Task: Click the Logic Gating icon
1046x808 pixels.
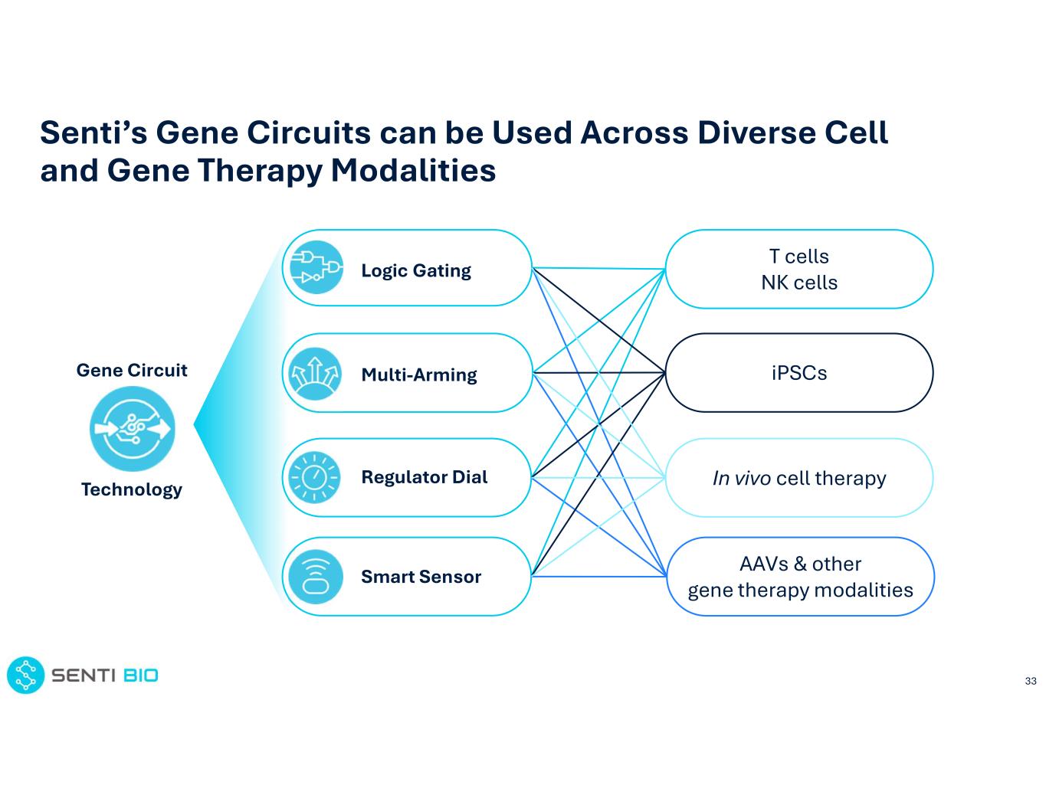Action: coord(316,267)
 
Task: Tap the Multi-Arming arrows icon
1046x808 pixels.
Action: coord(314,374)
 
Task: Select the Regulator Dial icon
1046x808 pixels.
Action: coord(314,478)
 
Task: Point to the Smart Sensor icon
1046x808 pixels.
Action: coord(315,576)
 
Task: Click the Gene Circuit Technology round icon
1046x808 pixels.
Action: coord(132,429)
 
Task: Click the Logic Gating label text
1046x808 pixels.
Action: coord(416,270)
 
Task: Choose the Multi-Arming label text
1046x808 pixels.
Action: coord(419,375)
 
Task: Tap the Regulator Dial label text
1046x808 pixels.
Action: coord(424,477)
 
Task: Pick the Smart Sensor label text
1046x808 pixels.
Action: coord(421,577)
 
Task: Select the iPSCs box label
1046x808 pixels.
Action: coord(799,373)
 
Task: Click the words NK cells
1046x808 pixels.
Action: coord(799,283)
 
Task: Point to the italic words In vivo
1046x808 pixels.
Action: coord(741,479)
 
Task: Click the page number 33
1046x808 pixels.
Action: coord(1031,681)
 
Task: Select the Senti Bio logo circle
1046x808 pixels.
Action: coord(26,676)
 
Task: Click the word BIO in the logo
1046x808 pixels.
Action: coord(141,676)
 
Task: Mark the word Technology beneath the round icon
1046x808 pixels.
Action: coord(132,489)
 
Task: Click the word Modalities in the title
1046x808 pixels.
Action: coord(413,170)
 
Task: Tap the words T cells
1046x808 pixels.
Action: coord(799,257)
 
